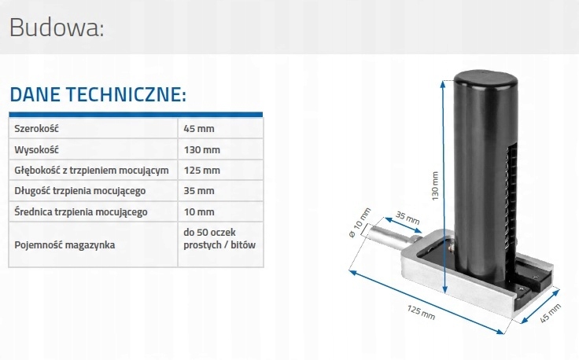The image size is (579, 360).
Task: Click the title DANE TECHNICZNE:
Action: pyautogui.click(x=98, y=96)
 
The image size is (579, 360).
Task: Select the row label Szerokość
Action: pyautogui.click(x=37, y=128)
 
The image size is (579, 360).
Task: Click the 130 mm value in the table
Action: pyautogui.click(x=201, y=149)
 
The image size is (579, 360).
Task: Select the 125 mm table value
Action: pyautogui.click(x=201, y=170)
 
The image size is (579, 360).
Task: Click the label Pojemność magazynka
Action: pyautogui.click(x=65, y=244)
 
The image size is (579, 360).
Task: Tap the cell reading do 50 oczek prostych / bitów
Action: pyautogui.click(x=219, y=238)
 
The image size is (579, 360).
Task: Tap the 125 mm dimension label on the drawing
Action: pyautogui.click(x=421, y=312)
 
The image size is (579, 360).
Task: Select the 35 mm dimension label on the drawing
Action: pyautogui.click(x=407, y=217)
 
